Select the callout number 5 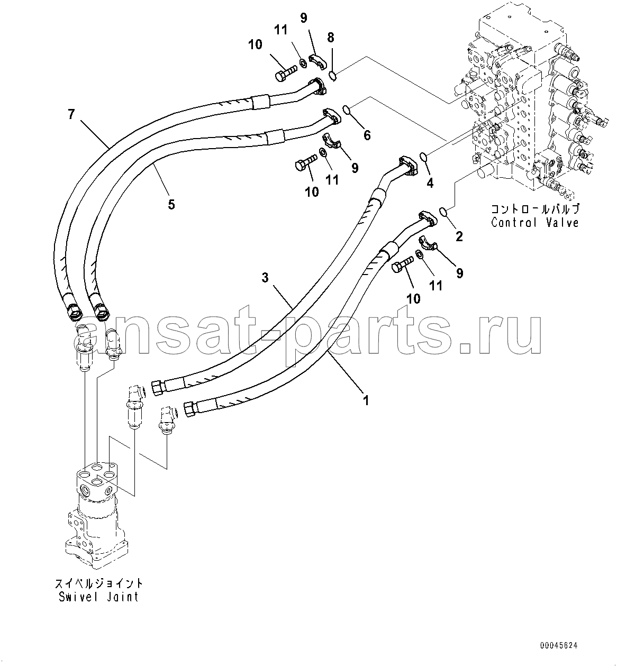coord(171,204)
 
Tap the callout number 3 coord(265,277)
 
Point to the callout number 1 coord(365,400)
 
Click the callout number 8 coord(331,37)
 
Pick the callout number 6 coord(366,135)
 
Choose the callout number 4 coord(430,183)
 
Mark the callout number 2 coord(459,236)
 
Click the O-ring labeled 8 coord(332,76)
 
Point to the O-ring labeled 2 coord(444,213)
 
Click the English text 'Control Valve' coord(534,222)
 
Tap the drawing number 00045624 coord(559,646)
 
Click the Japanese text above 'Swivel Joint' coord(99,583)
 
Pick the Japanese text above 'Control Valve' coord(534,208)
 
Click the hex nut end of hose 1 coord(190,408)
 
